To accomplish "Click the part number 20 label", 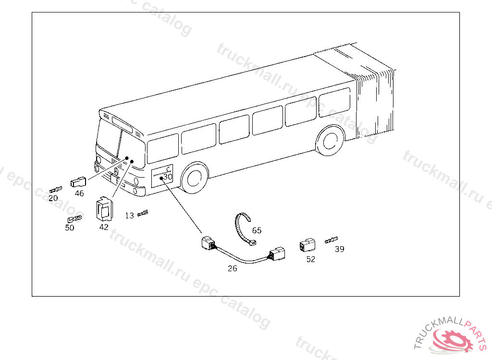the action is pyautogui.click(x=53, y=198).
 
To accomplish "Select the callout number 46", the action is pyautogui.click(x=79, y=193).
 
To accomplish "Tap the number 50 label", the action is pyautogui.click(x=70, y=228).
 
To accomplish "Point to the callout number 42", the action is pyautogui.click(x=104, y=227).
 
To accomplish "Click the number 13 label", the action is pyautogui.click(x=129, y=216).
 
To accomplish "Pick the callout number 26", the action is pyautogui.click(x=232, y=268).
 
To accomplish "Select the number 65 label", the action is pyautogui.click(x=257, y=230).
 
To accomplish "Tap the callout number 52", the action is pyautogui.click(x=311, y=259).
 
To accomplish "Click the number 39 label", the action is pyautogui.click(x=340, y=249).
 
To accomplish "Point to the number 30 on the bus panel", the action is pyautogui.click(x=168, y=177).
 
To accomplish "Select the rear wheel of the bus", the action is pyautogui.click(x=330, y=141).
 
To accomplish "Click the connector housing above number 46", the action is pyautogui.click(x=78, y=182).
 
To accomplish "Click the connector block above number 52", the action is pyautogui.click(x=307, y=245).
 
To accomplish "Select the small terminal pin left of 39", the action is pyautogui.click(x=331, y=239).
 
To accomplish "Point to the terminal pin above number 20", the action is pyautogui.click(x=56, y=190).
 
